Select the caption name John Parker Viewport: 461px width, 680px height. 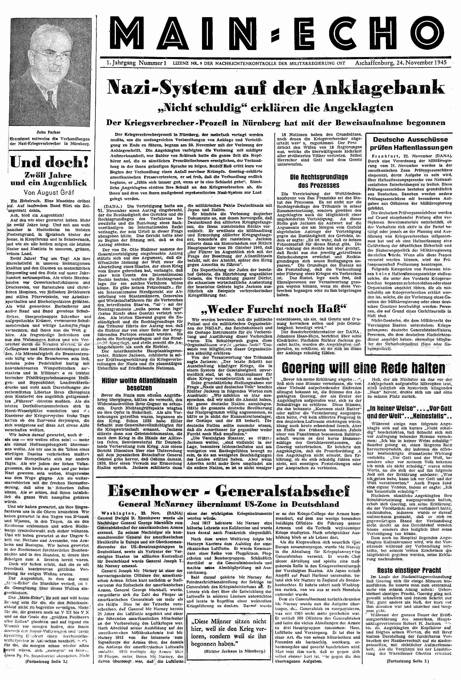[x=49, y=132]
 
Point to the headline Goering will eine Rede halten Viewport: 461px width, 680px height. [x=363, y=368]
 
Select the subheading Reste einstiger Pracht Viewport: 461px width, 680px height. [x=409, y=570]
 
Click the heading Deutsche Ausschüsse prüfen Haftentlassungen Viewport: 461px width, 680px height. [x=412, y=143]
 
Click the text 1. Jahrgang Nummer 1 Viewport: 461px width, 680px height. [x=136, y=63]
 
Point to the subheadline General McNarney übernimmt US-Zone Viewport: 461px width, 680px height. [x=229, y=504]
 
